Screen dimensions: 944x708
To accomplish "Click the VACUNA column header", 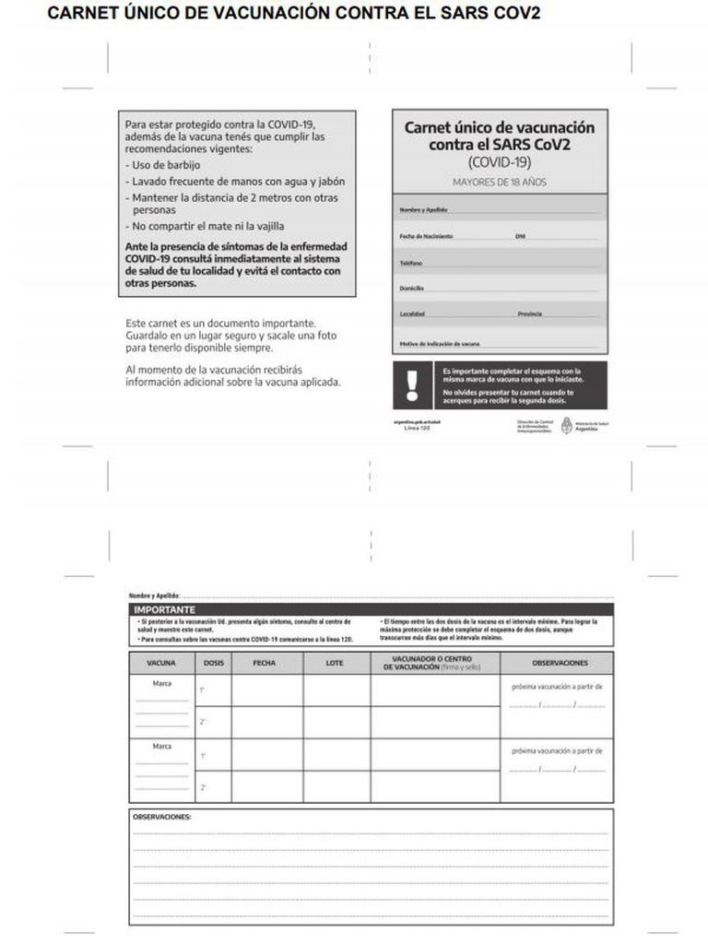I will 160,663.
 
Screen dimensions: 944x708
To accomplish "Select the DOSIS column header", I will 212,663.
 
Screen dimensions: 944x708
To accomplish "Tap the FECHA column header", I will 265,663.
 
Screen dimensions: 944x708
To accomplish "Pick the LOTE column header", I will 336,663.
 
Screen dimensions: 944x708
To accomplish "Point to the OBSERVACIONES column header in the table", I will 559,663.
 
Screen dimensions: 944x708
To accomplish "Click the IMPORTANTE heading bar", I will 165,610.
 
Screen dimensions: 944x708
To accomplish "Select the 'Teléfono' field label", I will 411,263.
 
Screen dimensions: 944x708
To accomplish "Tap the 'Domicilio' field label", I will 411,289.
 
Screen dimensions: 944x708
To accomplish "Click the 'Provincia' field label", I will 529,314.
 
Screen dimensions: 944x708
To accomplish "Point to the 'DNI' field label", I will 520,237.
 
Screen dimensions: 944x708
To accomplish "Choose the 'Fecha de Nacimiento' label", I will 426,237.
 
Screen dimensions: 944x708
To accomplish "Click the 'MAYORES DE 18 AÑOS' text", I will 500,182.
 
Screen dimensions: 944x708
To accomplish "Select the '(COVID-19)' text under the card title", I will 500,162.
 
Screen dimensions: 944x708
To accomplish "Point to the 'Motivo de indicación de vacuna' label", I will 440,344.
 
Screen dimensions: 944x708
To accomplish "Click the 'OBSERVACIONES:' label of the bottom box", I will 162,817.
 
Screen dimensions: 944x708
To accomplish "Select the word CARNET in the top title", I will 82,13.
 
